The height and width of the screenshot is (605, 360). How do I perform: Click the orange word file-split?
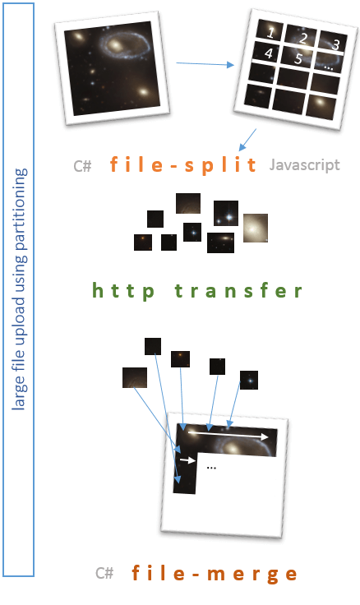click(183, 164)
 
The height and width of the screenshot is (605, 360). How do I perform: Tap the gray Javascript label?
click(304, 165)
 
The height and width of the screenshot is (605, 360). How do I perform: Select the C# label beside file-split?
click(82, 166)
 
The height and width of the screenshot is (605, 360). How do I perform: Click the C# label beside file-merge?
click(104, 573)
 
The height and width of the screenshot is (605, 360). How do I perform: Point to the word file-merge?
click(215, 574)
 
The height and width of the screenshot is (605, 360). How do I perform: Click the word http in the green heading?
click(123, 291)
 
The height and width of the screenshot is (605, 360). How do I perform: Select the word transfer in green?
click(238, 290)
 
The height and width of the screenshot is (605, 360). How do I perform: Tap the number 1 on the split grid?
click(270, 33)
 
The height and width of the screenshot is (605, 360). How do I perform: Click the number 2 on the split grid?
click(303, 38)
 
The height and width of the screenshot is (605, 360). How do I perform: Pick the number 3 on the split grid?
click(336, 44)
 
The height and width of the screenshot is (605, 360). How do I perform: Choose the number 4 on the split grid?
click(269, 53)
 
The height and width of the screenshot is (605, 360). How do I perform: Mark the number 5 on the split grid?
click(298, 58)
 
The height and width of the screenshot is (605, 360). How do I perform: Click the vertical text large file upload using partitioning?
click(19, 289)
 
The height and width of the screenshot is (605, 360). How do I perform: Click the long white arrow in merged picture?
click(228, 435)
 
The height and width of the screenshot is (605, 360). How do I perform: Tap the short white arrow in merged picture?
click(188, 460)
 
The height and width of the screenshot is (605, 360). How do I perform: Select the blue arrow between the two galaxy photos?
click(205, 63)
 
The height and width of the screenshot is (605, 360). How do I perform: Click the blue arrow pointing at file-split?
click(247, 140)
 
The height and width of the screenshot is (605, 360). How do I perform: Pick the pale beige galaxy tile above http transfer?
click(256, 228)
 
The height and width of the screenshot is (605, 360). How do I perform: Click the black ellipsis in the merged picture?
click(211, 468)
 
